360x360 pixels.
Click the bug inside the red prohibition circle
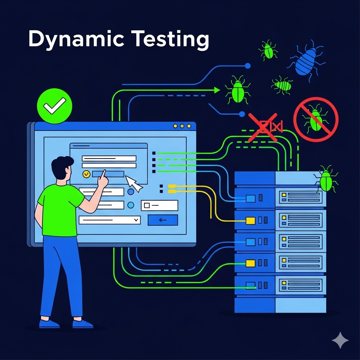(315, 119)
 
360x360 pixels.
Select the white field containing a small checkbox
(159, 205)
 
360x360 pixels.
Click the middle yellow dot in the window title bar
(182, 126)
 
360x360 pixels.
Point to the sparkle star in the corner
(340, 340)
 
